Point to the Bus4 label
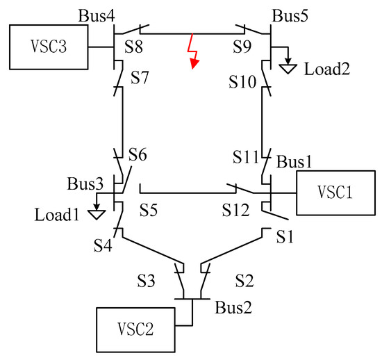96,13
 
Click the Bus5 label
289,13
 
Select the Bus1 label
295,161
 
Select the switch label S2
245,281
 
